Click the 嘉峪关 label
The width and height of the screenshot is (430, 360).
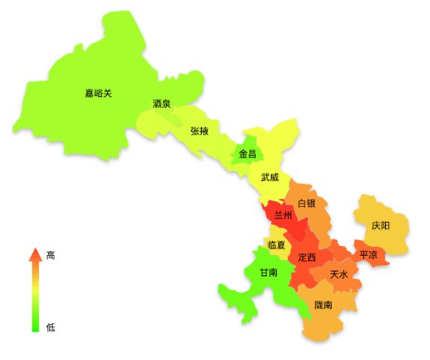point(98,94)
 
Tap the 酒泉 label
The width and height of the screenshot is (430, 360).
point(161,103)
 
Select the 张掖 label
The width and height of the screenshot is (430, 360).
point(199,131)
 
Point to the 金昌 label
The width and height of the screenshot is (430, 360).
point(248,154)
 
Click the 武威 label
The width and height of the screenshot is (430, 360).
point(269,178)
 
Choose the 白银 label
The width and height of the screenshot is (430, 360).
point(306,203)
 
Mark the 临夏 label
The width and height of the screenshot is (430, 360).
point(276,244)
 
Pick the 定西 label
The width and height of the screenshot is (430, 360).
point(307,257)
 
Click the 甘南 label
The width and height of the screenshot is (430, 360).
point(269,272)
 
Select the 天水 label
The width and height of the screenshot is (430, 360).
point(339,274)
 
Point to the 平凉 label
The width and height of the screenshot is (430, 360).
point(368,254)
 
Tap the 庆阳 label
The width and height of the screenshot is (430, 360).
point(380,225)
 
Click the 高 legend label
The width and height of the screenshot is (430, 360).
point(50,256)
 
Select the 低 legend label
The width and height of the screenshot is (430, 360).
point(50,327)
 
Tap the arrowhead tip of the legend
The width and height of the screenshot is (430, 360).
point(35,249)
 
